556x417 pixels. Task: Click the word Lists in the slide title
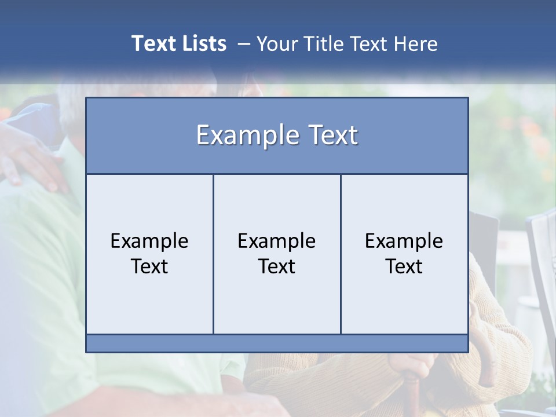tap(204, 43)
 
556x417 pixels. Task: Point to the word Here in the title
tap(415, 43)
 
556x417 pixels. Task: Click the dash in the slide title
tap(244, 44)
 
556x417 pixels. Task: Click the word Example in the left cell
tap(149, 241)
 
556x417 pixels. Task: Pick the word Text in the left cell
tap(149, 266)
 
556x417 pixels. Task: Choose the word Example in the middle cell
tap(277, 241)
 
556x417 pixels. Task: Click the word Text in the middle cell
tap(277, 266)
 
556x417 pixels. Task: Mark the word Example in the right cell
tap(404, 241)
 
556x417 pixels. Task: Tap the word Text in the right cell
tap(404, 266)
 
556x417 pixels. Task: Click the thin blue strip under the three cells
tap(277, 343)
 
